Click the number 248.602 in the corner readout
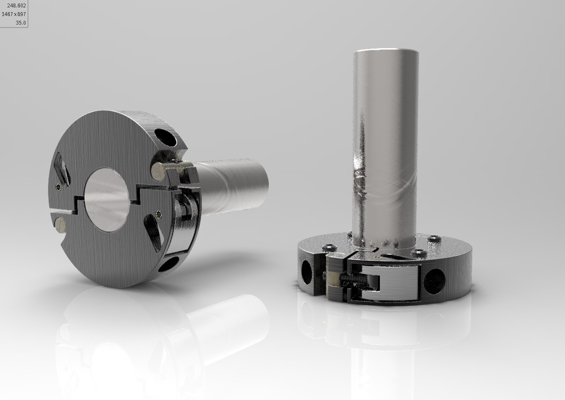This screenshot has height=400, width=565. (x=16, y=6)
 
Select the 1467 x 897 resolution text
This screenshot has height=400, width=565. (x=14, y=14)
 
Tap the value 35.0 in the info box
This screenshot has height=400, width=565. (x=21, y=23)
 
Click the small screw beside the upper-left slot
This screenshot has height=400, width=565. (x=58, y=188)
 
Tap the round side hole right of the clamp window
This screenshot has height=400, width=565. (x=434, y=278)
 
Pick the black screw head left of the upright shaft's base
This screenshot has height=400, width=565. (x=328, y=247)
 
